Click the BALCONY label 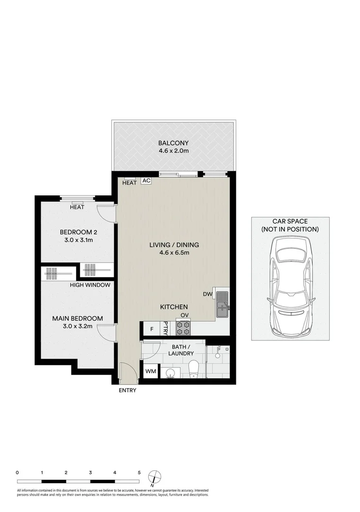click(173, 143)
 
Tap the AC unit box click(146, 181)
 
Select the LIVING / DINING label click(174, 245)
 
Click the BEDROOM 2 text click(78, 232)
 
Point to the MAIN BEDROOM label click(77, 319)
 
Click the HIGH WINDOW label click(90, 285)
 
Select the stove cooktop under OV click(183, 327)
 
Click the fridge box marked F click(152, 329)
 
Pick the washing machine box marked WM click(150, 371)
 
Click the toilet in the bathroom click(194, 370)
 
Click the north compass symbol click(154, 476)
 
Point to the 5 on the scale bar click(139, 473)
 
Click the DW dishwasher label click(207, 294)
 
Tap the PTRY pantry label click(166, 328)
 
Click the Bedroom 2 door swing click(106, 213)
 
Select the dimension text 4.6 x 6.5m click(174, 253)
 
